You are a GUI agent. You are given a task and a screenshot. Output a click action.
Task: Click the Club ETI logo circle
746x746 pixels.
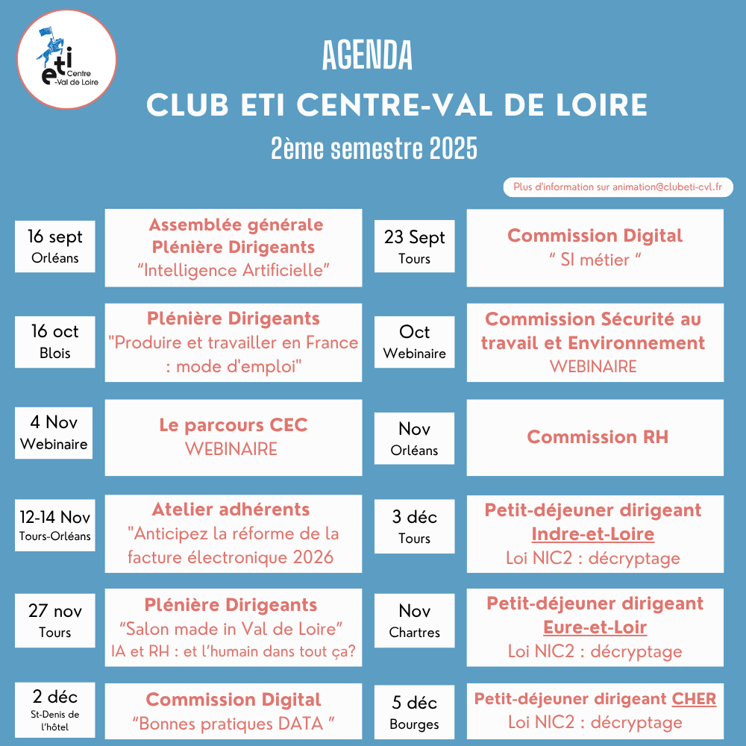tap(66, 59)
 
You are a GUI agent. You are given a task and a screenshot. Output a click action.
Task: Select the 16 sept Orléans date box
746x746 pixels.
tap(54, 247)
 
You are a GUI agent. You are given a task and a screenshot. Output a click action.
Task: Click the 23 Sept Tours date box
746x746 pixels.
tap(414, 247)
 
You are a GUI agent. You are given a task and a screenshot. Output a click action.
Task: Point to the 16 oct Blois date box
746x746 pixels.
tap(54, 342)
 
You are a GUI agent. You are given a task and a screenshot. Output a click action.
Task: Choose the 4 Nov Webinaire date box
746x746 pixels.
tap(54, 433)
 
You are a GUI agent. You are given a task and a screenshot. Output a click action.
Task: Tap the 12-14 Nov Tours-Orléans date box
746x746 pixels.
tap(54, 525)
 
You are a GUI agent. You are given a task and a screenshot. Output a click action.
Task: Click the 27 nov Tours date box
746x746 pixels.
tap(54, 621)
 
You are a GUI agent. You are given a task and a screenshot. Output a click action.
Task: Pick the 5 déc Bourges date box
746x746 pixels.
tap(414, 712)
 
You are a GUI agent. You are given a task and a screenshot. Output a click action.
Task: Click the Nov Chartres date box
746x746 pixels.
tap(414, 621)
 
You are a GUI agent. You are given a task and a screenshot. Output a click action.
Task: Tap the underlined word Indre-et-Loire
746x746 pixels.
tap(592, 534)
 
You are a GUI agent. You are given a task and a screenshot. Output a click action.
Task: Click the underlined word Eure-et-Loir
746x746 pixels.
tap(595, 627)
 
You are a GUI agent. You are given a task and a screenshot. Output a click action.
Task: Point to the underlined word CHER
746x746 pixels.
tap(694, 699)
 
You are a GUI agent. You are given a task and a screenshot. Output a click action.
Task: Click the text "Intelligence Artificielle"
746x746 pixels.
tap(233, 270)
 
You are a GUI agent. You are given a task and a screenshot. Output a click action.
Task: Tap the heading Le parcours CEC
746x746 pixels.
tap(233, 425)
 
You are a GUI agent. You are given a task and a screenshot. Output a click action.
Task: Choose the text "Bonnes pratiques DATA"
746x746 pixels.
tap(233, 723)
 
